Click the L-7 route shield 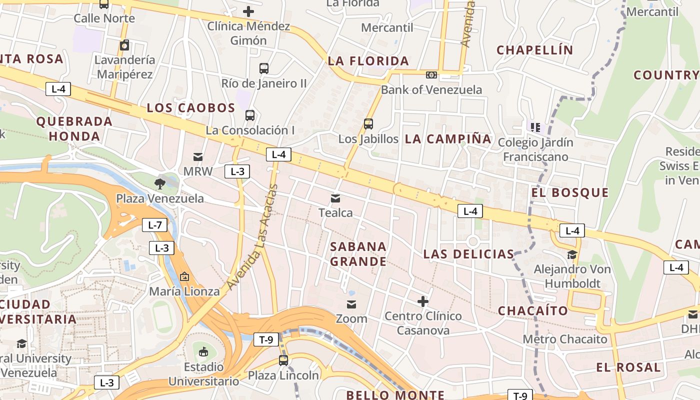[154, 225]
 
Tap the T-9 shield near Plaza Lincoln [266, 340]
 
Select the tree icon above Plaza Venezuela [160, 183]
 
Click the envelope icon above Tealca [335, 198]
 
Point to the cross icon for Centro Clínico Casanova [423, 301]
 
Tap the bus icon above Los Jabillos [368, 124]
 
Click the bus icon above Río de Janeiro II [264, 68]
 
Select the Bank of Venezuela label [431, 89]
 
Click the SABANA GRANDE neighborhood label [358, 253]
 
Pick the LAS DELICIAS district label [468, 254]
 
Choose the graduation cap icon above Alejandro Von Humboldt [572, 255]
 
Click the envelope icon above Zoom [351, 304]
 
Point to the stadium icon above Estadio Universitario [203, 352]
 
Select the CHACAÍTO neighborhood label [533, 310]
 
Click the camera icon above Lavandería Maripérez [124, 45]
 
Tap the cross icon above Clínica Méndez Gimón [248, 11]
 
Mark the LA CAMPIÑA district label [448, 139]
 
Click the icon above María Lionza [184, 276]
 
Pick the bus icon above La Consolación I [250, 115]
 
